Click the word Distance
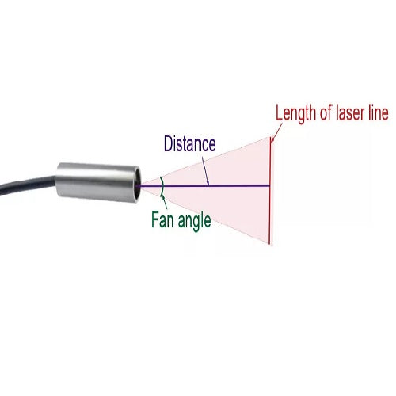pyautogui.click(x=189, y=143)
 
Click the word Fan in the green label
pyautogui.click(x=162, y=219)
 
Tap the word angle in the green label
pyautogui.click(x=194, y=221)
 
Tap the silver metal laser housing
pyautogui.click(x=97, y=184)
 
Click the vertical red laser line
pyautogui.click(x=270, y=190)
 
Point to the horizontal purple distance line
pyautogui.click(x=204, y=186)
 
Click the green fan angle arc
pyautogui.click(x=163, y=186)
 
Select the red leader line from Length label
pyautogui.click(x=276, y=131)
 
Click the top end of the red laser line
pyautogui.click(x=270, y=136)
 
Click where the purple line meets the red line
pyautogui.click(x=270, y=186)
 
